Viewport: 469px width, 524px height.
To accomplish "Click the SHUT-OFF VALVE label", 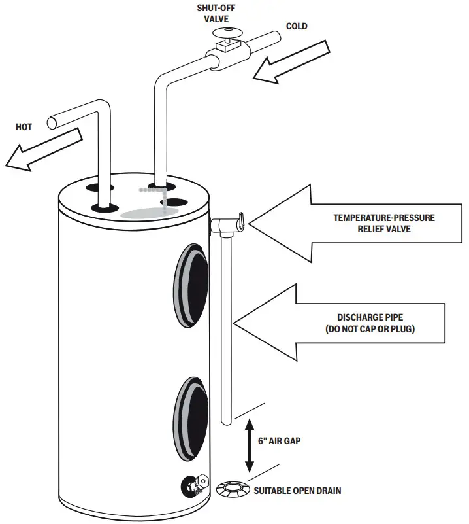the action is pos(216,13).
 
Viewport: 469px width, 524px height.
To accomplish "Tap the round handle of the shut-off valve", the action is pos(227,33).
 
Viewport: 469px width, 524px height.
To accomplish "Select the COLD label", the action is pos(297,26).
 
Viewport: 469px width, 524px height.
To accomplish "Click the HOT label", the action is pos(24,127).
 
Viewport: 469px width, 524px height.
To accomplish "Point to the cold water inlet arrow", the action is pos(291,62).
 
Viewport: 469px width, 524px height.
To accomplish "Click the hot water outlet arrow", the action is pos(44,149).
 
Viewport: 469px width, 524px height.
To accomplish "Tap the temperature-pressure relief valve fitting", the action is pos(227,223).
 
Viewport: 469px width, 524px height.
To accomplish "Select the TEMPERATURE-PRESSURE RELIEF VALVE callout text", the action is pos(384,223).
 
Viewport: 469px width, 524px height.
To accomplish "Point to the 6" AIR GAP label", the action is pos(279,441).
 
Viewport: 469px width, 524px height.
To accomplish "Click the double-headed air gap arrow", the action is pos(250,445).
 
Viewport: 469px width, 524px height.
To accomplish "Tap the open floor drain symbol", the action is pos(233,489).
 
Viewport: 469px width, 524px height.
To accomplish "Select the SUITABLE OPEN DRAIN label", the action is pos(297,491).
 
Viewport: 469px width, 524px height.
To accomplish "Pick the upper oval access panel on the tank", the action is pos(191,285).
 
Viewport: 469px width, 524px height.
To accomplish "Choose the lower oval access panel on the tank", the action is pos(191,419).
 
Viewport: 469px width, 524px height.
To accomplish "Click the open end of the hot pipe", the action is pos(52,123).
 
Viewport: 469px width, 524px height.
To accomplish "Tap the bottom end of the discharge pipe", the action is pos(227,423).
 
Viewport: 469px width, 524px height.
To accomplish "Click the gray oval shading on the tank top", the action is pos(149,213).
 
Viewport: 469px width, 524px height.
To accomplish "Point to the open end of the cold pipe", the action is pos(277,36).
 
